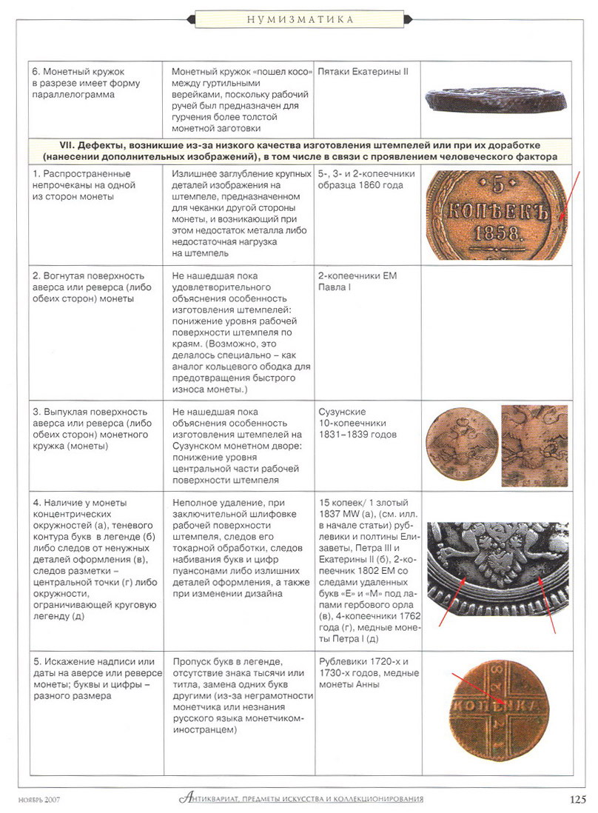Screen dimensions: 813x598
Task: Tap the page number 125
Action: click(x=578, y=798)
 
